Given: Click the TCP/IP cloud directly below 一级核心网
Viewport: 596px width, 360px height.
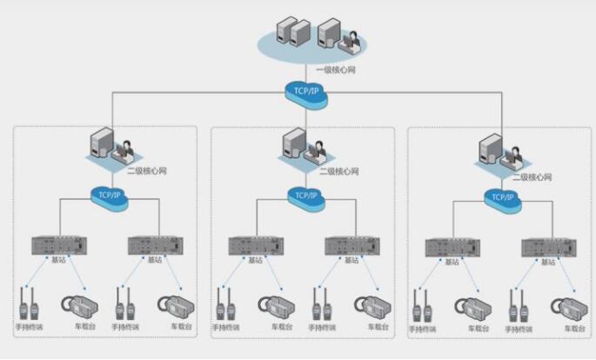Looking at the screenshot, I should pos(306,91).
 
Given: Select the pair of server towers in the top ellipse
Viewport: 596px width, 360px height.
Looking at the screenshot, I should pos(293,35).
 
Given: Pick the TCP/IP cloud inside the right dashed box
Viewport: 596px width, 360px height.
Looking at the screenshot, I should pos(502,197).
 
